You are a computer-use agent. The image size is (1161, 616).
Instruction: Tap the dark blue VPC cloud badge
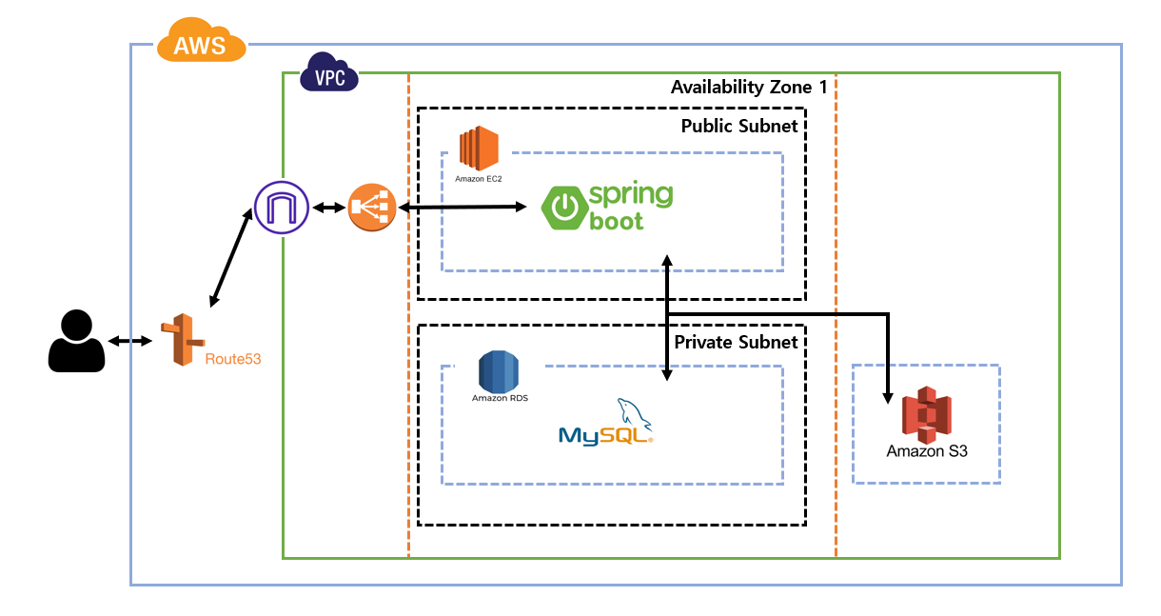click(x=329, y=72)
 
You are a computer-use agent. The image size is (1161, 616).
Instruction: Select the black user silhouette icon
click(x=76, y=341)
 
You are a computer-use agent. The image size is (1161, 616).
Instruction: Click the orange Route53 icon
click(x=182, y=339)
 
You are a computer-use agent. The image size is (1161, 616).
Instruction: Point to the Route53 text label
click(x=233, y=360)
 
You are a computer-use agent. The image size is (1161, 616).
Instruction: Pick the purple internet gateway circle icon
click(x=281, y=208)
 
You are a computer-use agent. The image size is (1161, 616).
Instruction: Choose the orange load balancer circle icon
click(x=371, y=208)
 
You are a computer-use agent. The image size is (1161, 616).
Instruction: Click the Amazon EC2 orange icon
click(x=479, y=149)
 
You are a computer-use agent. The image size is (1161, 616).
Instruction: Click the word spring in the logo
click(x=630, y=195)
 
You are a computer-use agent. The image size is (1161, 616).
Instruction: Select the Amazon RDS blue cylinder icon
click(x=498, y=371)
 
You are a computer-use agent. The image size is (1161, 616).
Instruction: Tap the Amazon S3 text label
click(x=927, y=451)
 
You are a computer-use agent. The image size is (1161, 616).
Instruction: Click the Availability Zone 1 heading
click(x=749, y=88)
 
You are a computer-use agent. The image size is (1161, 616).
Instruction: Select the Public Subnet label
click(x=739, y=126)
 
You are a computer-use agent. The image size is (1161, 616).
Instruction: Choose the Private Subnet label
click(x=736, y=342)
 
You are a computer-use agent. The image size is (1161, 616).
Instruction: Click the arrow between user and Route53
click(x=129, y=341)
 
